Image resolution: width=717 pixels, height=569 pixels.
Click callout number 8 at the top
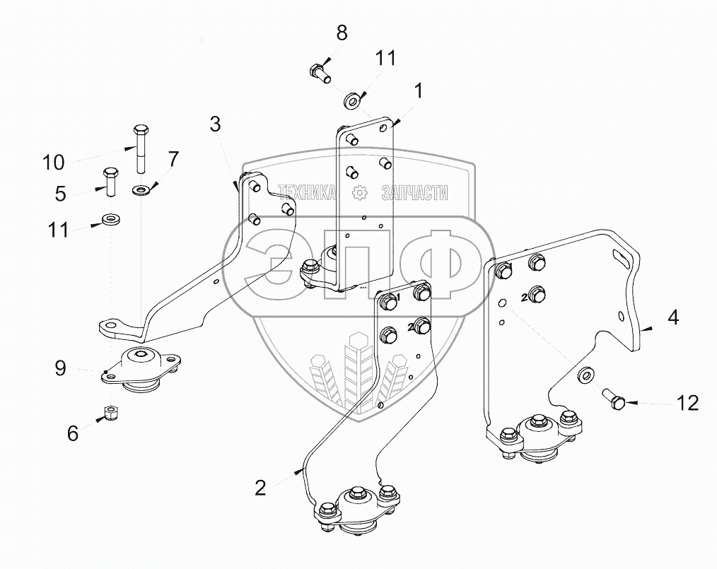click(342, 33)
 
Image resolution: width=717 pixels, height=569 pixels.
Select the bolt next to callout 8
click(320, 72)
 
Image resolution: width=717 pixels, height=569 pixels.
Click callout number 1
click(419, 91)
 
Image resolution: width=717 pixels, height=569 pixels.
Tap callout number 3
click(215, 125)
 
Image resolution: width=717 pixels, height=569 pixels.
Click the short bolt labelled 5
click(111, 182)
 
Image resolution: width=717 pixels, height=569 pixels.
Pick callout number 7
click(173, 159)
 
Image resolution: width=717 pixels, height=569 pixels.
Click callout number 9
click(61, 368)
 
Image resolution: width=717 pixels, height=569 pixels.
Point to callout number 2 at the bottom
click(260, 487)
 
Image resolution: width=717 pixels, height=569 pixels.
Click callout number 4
click(672, 317)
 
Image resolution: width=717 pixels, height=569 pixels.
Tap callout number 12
click(688, 403)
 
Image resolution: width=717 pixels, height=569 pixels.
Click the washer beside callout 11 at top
click(351, 99)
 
